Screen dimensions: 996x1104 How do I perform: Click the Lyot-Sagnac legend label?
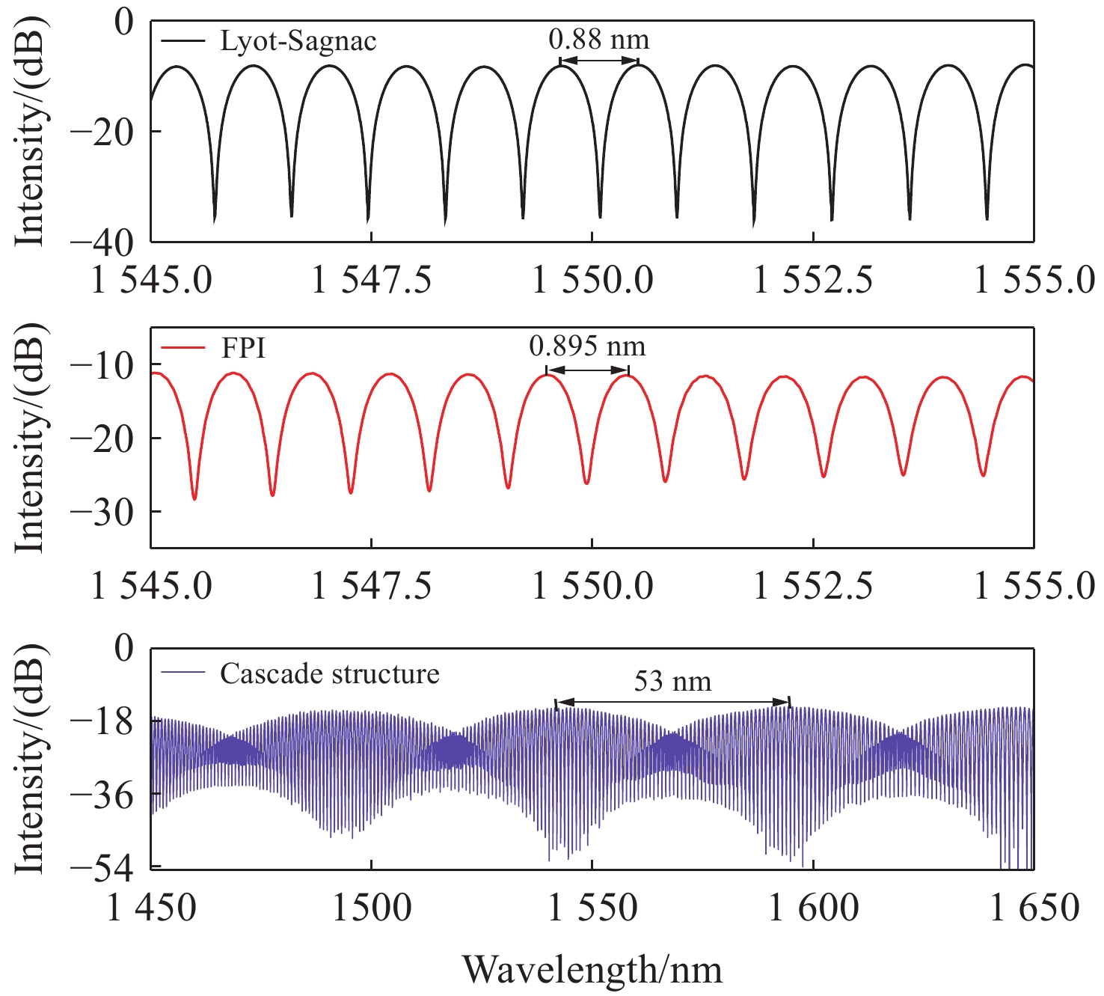click(298, 40)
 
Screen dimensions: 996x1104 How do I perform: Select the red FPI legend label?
click(243, 347)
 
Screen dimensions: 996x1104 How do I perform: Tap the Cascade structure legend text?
click(329, 673)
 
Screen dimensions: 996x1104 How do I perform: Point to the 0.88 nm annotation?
click(599, 39)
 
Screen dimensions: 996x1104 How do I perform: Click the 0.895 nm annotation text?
click(587, 346)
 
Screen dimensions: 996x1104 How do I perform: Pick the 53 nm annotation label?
click(672, 682)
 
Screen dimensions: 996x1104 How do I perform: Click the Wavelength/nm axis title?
click(592, 970)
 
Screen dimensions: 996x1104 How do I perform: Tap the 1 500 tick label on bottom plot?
click(372, 908)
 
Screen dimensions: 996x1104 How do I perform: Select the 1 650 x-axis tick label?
click(1034, 908)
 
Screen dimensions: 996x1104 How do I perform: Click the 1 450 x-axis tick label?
click(152, 908)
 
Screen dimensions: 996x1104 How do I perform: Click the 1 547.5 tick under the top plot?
click(372, 281)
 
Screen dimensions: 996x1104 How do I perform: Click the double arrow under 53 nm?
click(673, 702)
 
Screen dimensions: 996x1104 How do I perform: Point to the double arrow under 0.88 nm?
click(599, 61)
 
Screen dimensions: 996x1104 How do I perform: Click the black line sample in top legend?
click(183, 40)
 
